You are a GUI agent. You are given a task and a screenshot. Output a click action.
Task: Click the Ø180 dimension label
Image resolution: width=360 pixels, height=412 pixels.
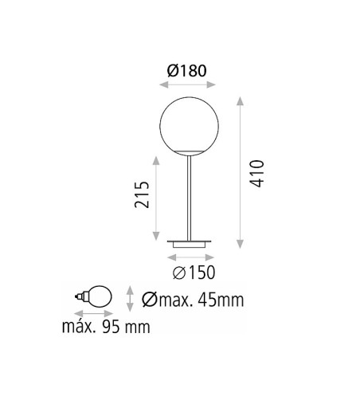pos(187,71)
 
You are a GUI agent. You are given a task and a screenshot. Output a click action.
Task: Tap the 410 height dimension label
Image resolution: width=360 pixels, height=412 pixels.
pos(256,174)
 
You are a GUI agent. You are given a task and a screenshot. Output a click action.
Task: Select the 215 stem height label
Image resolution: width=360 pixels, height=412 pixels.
pos(142,194)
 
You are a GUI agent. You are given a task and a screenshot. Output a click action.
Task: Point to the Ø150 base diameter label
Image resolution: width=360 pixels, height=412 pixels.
pos(194,273)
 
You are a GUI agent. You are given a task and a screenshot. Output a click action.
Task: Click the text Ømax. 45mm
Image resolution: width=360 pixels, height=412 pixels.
pos(193,300)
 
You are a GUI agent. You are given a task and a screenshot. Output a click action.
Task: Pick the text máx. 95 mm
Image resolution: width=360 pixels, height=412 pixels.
pos(106,327)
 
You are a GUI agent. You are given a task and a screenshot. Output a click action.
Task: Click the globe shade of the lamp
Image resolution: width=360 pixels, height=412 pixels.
pos(189,126)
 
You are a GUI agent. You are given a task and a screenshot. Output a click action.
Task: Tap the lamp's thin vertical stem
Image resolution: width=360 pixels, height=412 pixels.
pos(189,198)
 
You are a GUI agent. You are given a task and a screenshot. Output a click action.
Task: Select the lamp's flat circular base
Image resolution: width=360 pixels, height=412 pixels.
pos(189,244)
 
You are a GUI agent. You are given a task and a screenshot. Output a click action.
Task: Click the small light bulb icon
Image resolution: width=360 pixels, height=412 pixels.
pos(93,296)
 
